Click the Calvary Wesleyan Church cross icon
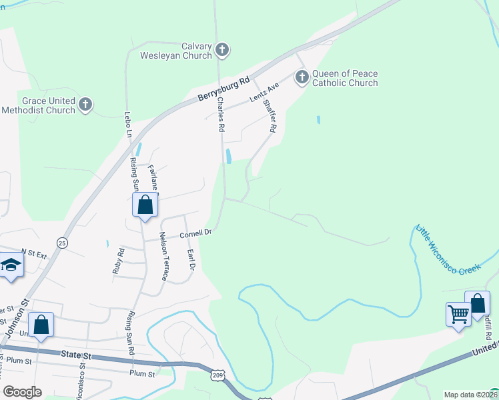pos(223,49)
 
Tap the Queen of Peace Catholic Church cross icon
pos(302,77)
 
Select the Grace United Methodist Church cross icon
pos(85,104)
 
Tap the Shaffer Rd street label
pos(269,115)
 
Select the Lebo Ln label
pos(128,125)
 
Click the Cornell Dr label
pos(195,234)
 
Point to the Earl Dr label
pos(191,259)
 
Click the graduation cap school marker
pos(11,266)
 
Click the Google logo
pos(22,392)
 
